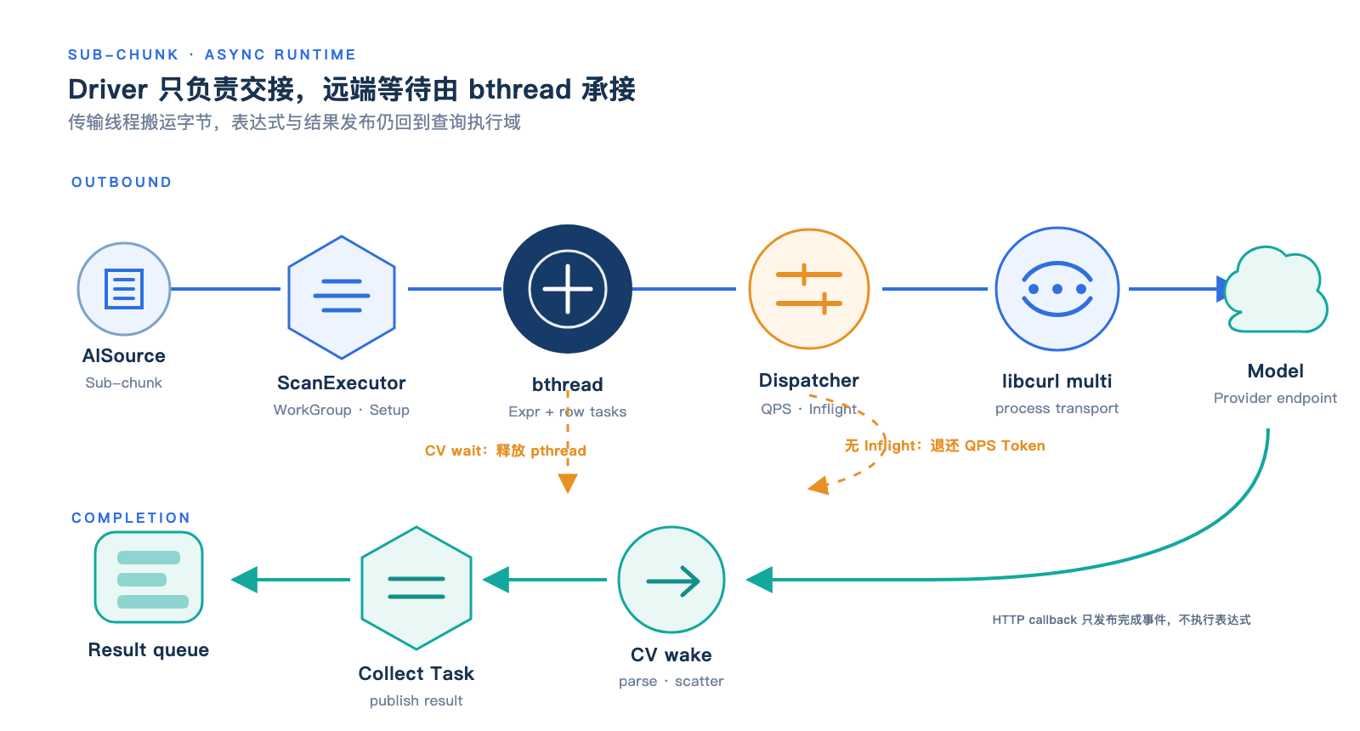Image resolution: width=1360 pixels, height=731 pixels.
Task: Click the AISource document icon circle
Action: [124, 289]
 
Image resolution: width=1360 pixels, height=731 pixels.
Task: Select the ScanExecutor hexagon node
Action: [342, 297]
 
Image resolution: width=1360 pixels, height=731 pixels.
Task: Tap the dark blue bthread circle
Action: [568, 289]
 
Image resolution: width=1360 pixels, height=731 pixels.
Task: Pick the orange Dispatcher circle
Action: [809, 289]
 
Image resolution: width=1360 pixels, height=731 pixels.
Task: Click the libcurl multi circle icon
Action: [1057, 289]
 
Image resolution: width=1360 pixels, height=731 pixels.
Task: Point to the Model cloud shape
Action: [1276, 290]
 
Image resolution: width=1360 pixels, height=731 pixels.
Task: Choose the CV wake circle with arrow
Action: [671, 580]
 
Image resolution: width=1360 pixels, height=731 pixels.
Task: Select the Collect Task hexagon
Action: [416, 587]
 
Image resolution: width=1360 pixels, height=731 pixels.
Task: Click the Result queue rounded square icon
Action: [149, 577]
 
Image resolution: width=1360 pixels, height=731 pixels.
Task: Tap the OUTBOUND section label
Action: [122, 182]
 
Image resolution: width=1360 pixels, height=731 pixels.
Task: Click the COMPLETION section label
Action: [131, 518]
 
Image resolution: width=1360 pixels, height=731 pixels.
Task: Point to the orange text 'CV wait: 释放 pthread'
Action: [505, 450]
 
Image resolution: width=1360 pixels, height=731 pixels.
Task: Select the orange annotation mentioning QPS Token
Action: [944, 445]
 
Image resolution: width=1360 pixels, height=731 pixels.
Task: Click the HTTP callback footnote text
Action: [1121, 620]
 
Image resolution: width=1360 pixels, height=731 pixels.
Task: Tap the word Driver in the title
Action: [107, 89]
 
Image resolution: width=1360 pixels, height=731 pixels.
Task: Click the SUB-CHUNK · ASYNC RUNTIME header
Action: [212, 54]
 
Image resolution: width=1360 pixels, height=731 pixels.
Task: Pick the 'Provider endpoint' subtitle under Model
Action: [1275, 399]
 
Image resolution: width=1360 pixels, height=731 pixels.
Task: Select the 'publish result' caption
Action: [416, 700]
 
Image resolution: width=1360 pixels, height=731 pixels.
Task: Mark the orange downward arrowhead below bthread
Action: [568, 484]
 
